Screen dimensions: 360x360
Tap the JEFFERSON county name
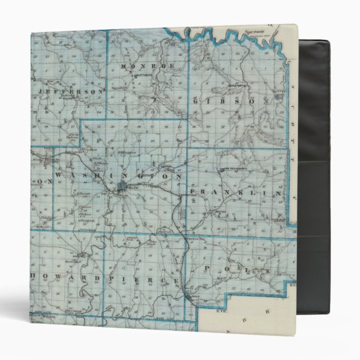tap(72, 91)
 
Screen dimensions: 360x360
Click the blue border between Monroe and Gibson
tap(188, 84)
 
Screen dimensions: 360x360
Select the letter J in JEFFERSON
tap(40, 89)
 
